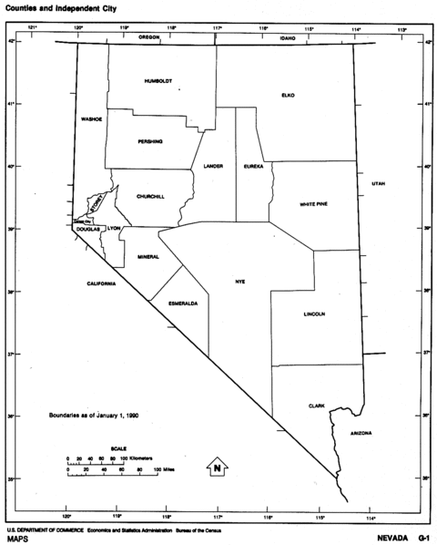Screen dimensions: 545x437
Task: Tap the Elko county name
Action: pyautogui.click(x=289, y=94)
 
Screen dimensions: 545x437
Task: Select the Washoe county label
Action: pyautogui.click(x=91, y=118)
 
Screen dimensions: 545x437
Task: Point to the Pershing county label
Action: pyautogui.click(x=150, y=141)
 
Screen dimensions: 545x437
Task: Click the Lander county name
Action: pyautogui.click(x=213, y=166)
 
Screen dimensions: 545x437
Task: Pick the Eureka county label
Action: pyautogui.click(x=253, y=166)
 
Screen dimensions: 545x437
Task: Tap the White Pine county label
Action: pyautogui.click(x=314, y=204)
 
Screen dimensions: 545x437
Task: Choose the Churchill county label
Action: pyautogui.click(x=150, y=197)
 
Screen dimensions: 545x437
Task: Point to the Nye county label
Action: pyautogui.click(x=240, y=282)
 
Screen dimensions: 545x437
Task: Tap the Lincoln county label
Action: pyautogui.click(x=314, y=314)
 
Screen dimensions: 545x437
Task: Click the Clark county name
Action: pyautogui.click(x=316, y=406)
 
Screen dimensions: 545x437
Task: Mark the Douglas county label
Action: pyautogui.click(x=87, y=231)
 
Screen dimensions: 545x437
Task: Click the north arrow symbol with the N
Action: pyautogui.click(x=218, y=468)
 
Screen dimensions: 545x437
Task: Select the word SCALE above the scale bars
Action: pyautogui.click(x=117, y=448)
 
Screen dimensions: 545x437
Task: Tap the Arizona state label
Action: pyautogui.click(x=361, y=433)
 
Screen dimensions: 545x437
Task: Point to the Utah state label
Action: pyautogui.click(x=378, y=184)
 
